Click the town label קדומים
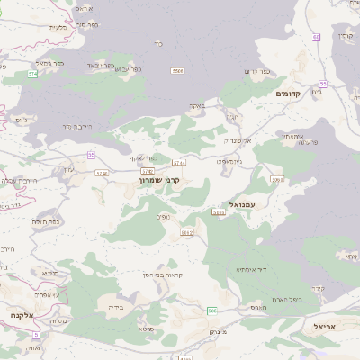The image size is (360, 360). [293, 94]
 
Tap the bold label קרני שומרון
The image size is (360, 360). [159, 180]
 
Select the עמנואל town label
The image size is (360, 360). [244, 205]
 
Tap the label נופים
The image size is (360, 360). [163, 215]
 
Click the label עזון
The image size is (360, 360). [69, 170]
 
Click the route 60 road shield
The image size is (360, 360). [317, 36]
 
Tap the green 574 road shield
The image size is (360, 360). [33, 74]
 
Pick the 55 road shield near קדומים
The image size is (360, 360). [322, 83]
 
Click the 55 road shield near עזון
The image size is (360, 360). [91, 155]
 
